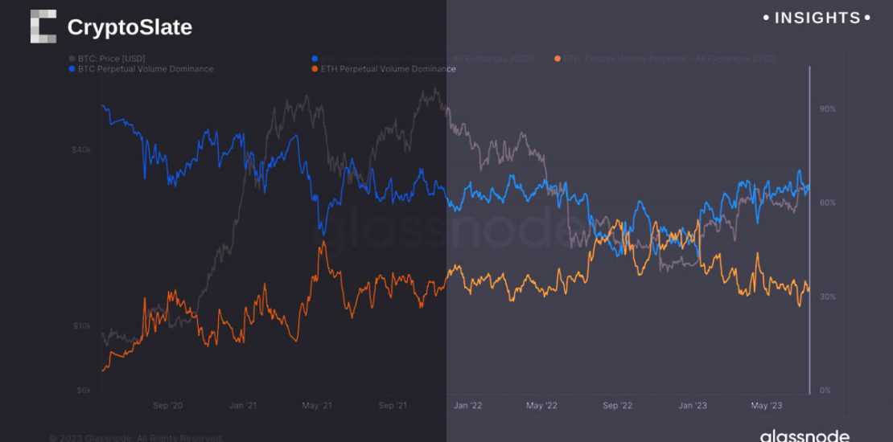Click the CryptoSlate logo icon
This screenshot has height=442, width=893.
tap(43, 27)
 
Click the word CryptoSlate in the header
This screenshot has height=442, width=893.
tap(130, 27)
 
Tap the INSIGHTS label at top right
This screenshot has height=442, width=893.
tap(816, 18)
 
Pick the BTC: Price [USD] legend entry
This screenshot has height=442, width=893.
tap(108, 59)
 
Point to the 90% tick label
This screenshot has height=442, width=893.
tap(828, 108)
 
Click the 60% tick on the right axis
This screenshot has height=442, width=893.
tap(828, 203)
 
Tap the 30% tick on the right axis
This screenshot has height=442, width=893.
tap(828, 297)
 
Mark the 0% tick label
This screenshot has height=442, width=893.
tap(825, 391)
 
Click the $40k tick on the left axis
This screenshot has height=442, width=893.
tap(82, 149)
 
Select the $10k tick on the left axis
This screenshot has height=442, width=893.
tap(83, 326)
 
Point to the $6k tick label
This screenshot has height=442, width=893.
tap(84, 391)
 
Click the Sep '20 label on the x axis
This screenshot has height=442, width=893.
tap(167, 406)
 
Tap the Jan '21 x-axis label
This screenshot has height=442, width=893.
tap(243, 406)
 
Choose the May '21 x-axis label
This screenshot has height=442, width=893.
tap(316, 406)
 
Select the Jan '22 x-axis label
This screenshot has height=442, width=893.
tap(467, 406)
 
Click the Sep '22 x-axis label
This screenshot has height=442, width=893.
tap(617, 406)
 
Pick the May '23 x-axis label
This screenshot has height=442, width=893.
tap(766, 406)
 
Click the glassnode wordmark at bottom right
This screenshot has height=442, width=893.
tap(805, 436)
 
